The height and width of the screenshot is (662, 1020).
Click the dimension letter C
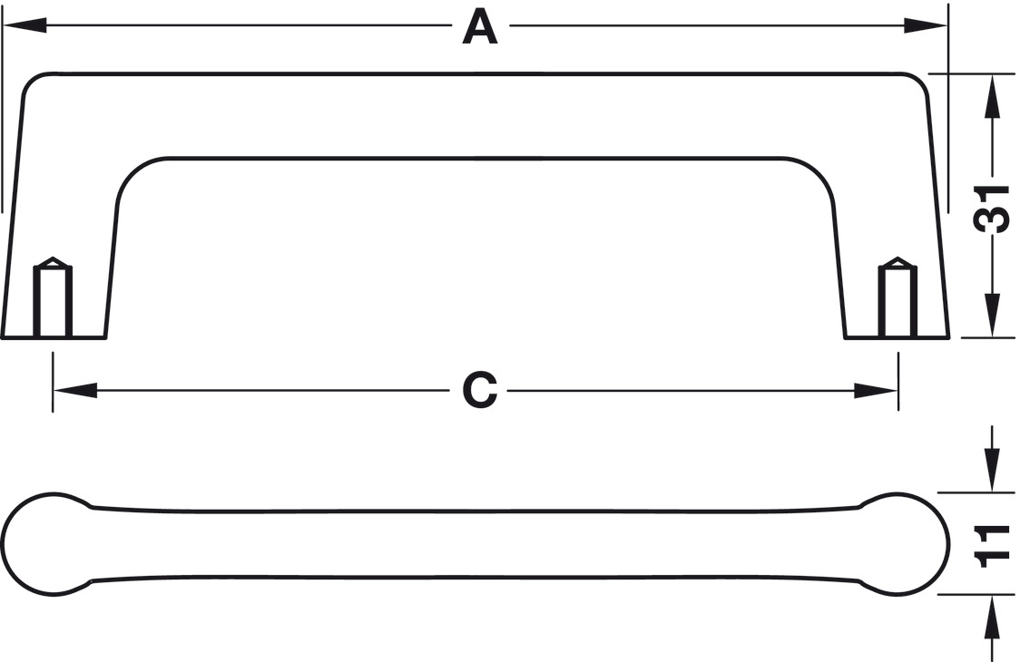[479, 390]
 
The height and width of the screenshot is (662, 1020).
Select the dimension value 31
[991, 208]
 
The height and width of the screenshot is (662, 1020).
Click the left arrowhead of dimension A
[25, 26]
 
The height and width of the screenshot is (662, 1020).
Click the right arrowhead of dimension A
[925, 26]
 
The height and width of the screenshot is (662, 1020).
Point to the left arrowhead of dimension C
[75, 391]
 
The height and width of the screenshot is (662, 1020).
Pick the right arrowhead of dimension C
[876, 391]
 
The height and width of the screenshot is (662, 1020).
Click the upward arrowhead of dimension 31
[991, 96]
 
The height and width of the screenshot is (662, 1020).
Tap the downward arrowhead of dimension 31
[991, 316]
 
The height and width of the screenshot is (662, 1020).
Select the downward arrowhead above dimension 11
[991, 469]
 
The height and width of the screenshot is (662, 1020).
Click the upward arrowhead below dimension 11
[991, 618]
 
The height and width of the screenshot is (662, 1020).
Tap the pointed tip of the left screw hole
[53, 258]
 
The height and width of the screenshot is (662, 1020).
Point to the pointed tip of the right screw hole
[897, 258]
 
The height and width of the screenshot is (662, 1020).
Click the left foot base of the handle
[53, 337]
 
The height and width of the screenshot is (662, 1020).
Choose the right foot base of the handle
[897, 337]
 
